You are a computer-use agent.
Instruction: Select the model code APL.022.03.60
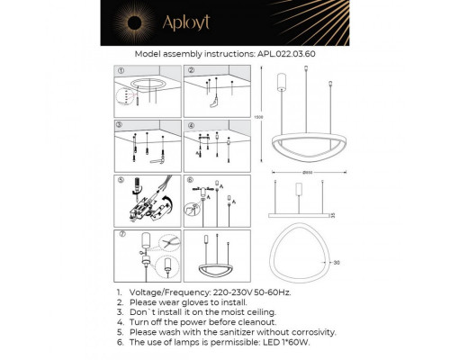(x=286, y=54)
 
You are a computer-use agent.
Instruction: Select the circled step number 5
(x=121, y=178)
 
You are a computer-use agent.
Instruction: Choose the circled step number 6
(x=190, y=178)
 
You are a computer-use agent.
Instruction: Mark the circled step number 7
(x=121, y=233)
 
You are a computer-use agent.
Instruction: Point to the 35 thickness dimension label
(x=330, y=214)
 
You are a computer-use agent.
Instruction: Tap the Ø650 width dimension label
(x=301, y=172)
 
